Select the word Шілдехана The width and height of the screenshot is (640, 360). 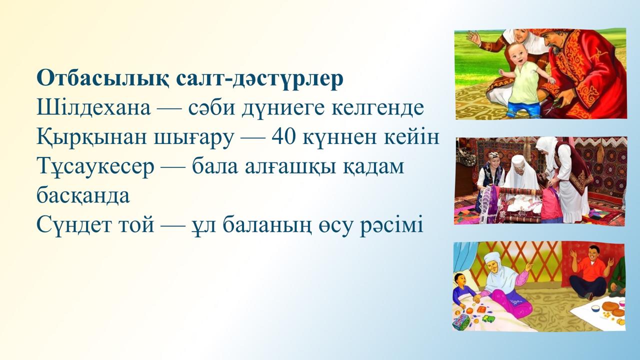click(93, 108)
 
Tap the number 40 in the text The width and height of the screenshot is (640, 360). click(283, 137)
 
